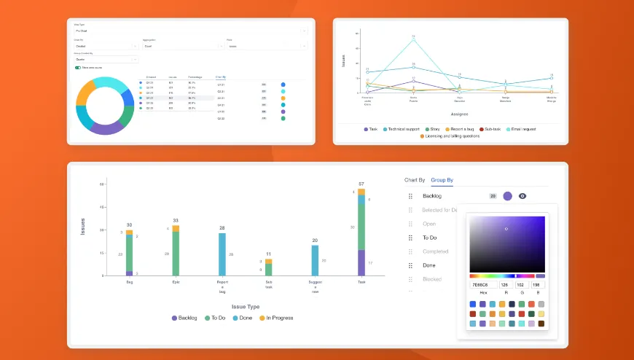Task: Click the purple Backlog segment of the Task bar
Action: pyautogui.click(x=361, y=262)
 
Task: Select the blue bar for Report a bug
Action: pyautogui.click(x=222, y=254)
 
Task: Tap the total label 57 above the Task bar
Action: pyautogui.click(x=361, y=184)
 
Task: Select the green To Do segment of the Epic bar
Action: pyautogui.click(x=176, y=254)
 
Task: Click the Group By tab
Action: pyautogui.click(x=442, y=179)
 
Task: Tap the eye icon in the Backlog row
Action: pyautogui.click(x=523, y=196)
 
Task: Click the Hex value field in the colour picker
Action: pyautogui.click(x=482, y=285)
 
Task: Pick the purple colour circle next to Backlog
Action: pyautogui.click(x=507, y=196)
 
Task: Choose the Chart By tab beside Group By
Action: pyautogui.click(x=414, y=179)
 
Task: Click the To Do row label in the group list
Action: pyautogui.click(x=429, y=238)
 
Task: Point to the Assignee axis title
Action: pyautogui.click(x=459, y=114)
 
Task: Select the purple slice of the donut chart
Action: pyautogui.click(x=106, y=128)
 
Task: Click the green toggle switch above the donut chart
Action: pyautogui.click(x=77, y=68)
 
